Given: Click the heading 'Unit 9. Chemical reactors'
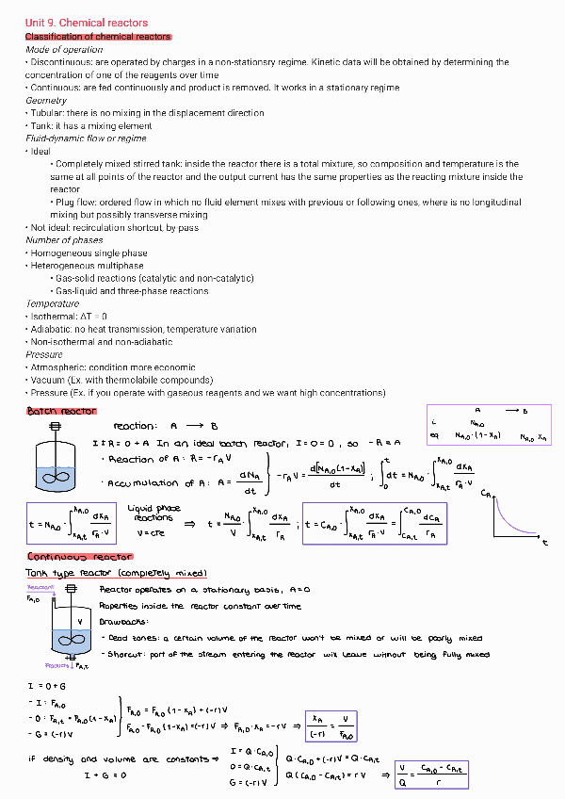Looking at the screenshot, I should [86, 23].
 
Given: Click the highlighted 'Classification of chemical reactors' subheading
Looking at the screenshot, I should [98, 36].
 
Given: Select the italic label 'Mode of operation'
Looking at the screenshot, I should [64, 49].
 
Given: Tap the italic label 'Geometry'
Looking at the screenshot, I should [46, 100].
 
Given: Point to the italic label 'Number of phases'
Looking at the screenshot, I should [64, 240].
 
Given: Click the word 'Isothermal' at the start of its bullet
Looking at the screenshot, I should [54, 317].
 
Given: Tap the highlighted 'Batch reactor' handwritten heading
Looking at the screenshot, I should [61, 412].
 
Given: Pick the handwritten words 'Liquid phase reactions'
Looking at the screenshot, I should [153, 514].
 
